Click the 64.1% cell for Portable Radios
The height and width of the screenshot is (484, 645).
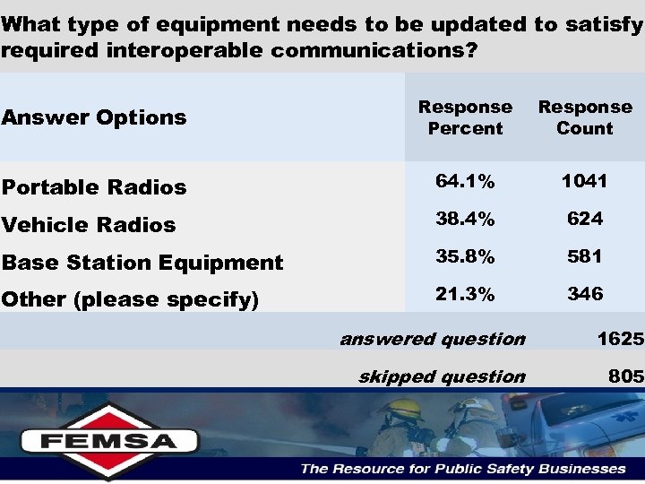coord(465,181)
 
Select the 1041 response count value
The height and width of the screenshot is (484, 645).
coord(584,181)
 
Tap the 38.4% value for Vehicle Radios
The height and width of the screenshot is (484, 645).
coord(465,219)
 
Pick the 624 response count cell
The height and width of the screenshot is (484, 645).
coord(584,219)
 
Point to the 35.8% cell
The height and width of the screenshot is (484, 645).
coord(465,256)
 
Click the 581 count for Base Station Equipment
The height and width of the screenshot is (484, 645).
coord(584,256)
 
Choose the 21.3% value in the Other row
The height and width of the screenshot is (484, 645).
coord(465,294)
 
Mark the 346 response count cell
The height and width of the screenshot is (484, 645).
coord(584,294)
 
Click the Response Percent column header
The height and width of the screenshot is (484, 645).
coord(465,117)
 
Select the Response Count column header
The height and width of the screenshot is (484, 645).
coord(584,117)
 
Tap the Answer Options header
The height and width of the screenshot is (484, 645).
coord(94,117)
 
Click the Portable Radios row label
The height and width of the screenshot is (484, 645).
coord(94,187)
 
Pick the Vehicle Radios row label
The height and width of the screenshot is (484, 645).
coord(89,225)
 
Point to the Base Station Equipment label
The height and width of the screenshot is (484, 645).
coord(142,263)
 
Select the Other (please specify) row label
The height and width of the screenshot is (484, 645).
coord(131,300)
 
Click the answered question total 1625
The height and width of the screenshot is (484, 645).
coord(620,339)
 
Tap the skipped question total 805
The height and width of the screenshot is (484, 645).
coord(625,376)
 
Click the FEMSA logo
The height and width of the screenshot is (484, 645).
coord(109,440)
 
